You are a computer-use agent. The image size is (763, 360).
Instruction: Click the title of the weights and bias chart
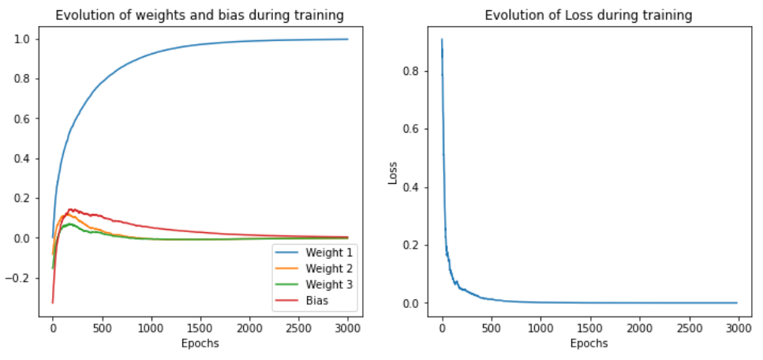point(200,15)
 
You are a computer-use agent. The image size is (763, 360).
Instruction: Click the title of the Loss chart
point(589,15)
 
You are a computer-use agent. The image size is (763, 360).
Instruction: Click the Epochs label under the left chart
point(200,343)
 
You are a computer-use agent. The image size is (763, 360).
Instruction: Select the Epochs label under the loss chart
point(589,343)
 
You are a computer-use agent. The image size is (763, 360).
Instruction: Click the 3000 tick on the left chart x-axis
point(347,328)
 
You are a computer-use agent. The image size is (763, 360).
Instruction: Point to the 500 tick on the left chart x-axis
point(102,328)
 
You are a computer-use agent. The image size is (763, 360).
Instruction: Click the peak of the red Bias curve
point(71,209)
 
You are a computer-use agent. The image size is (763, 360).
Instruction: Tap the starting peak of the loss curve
point(442,39)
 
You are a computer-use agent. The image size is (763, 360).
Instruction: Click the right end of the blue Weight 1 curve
point(347,39)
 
